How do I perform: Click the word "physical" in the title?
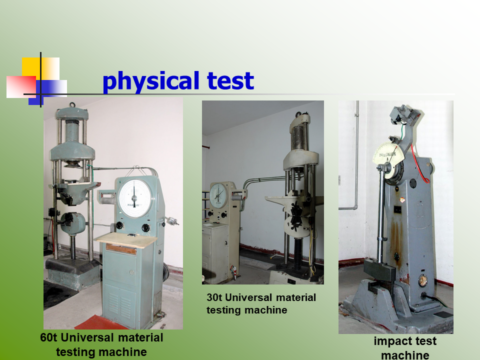pyautogui.click(x=151, y=81)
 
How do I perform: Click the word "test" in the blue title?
pyautogui.click(x=230, y=80)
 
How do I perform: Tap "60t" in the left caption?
pyautogui.click(x=48, y=337)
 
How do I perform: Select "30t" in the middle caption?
pyautogui.click(x=214, y=297)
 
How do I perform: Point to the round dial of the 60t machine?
pyautogui.click(x=134, y=198)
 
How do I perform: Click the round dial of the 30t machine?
pyautogui.click(x=218, y=195)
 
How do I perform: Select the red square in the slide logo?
pyautogui.click(x=21, y=86)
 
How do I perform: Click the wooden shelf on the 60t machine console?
pyautogui.click(x=126, y=239)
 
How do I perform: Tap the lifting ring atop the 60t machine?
pyautogui.click(x=72, y=105)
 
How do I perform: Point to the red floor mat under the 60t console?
pyautogui.click(x=97, y=322)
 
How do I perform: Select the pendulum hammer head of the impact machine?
pyautogui.click(x=379, y=269)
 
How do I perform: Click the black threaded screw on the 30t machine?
pyautogui.click(x=298, y=253)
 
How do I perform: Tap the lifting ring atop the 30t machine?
pyautogui.click(x=298, y=115)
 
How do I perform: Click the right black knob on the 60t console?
pyautogui.click(x=145, y=228)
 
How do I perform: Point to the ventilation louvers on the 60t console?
pyautogui.click(x=119, y=304)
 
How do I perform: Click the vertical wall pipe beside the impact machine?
pyautogui.click(x=357, y=153)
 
